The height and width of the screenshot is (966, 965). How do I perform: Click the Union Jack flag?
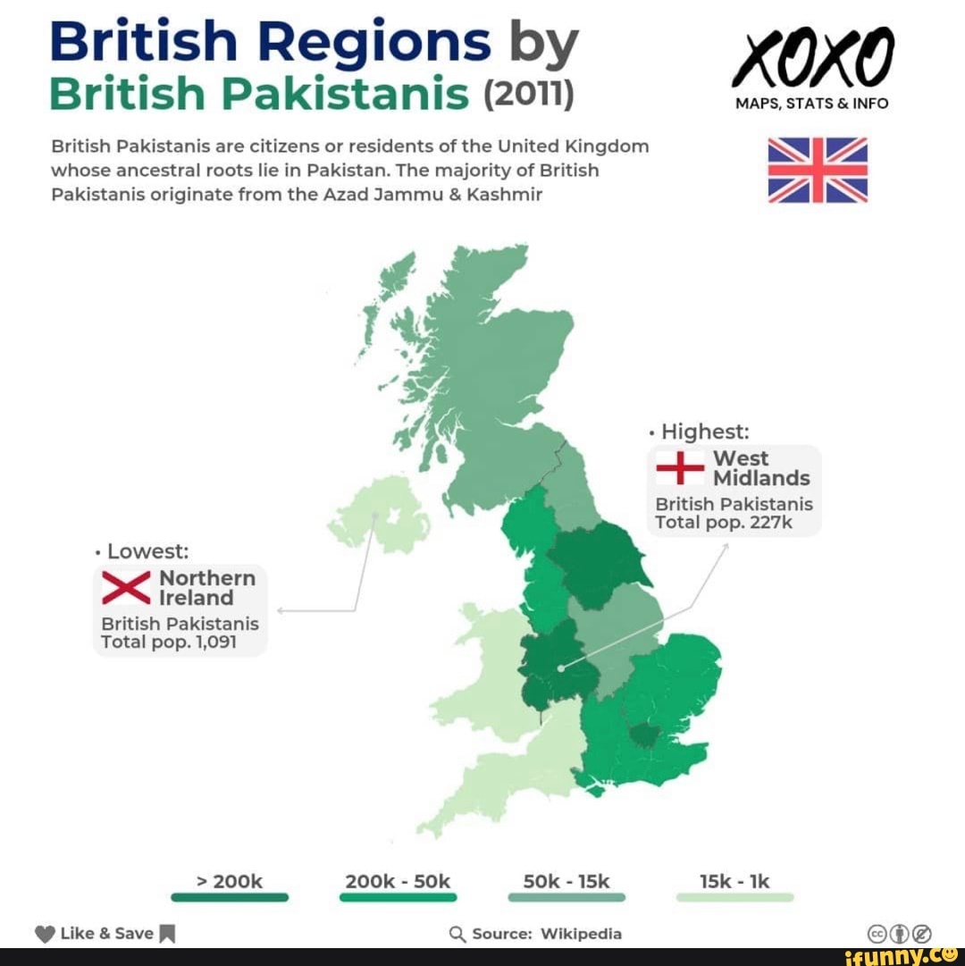(818, 170)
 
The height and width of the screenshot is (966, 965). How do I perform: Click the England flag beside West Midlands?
(681, 467)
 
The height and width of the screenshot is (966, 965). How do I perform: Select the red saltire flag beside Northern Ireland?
(127, 588)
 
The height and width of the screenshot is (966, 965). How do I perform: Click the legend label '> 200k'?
(229, 882)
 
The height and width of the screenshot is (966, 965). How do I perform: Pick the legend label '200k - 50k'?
(398, 882)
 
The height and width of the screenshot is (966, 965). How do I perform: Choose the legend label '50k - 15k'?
(566, 882)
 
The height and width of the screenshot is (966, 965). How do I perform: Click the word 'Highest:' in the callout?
(705, 432)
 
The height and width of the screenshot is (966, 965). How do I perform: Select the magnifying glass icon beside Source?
(457, 935)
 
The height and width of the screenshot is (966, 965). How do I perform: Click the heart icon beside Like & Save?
(46, 935)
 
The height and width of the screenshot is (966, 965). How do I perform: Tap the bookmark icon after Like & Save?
(167, 935)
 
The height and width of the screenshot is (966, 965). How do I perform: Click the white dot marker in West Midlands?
(560, 668)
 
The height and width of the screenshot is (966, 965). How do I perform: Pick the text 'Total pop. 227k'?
(724, 522)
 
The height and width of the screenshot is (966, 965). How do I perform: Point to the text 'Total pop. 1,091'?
(169, 642)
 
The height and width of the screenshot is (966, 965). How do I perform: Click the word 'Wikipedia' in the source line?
(581, 934)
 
